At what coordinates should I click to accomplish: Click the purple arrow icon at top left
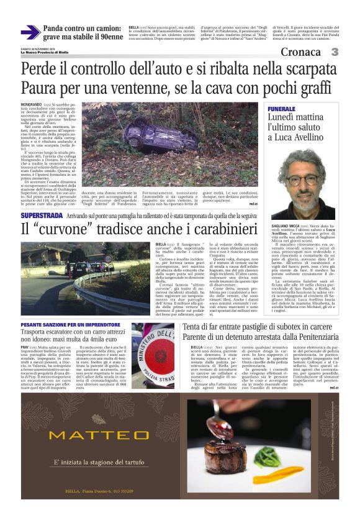[x=30, y=32]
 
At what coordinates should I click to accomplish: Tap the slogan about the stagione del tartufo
[x=92, y=464]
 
